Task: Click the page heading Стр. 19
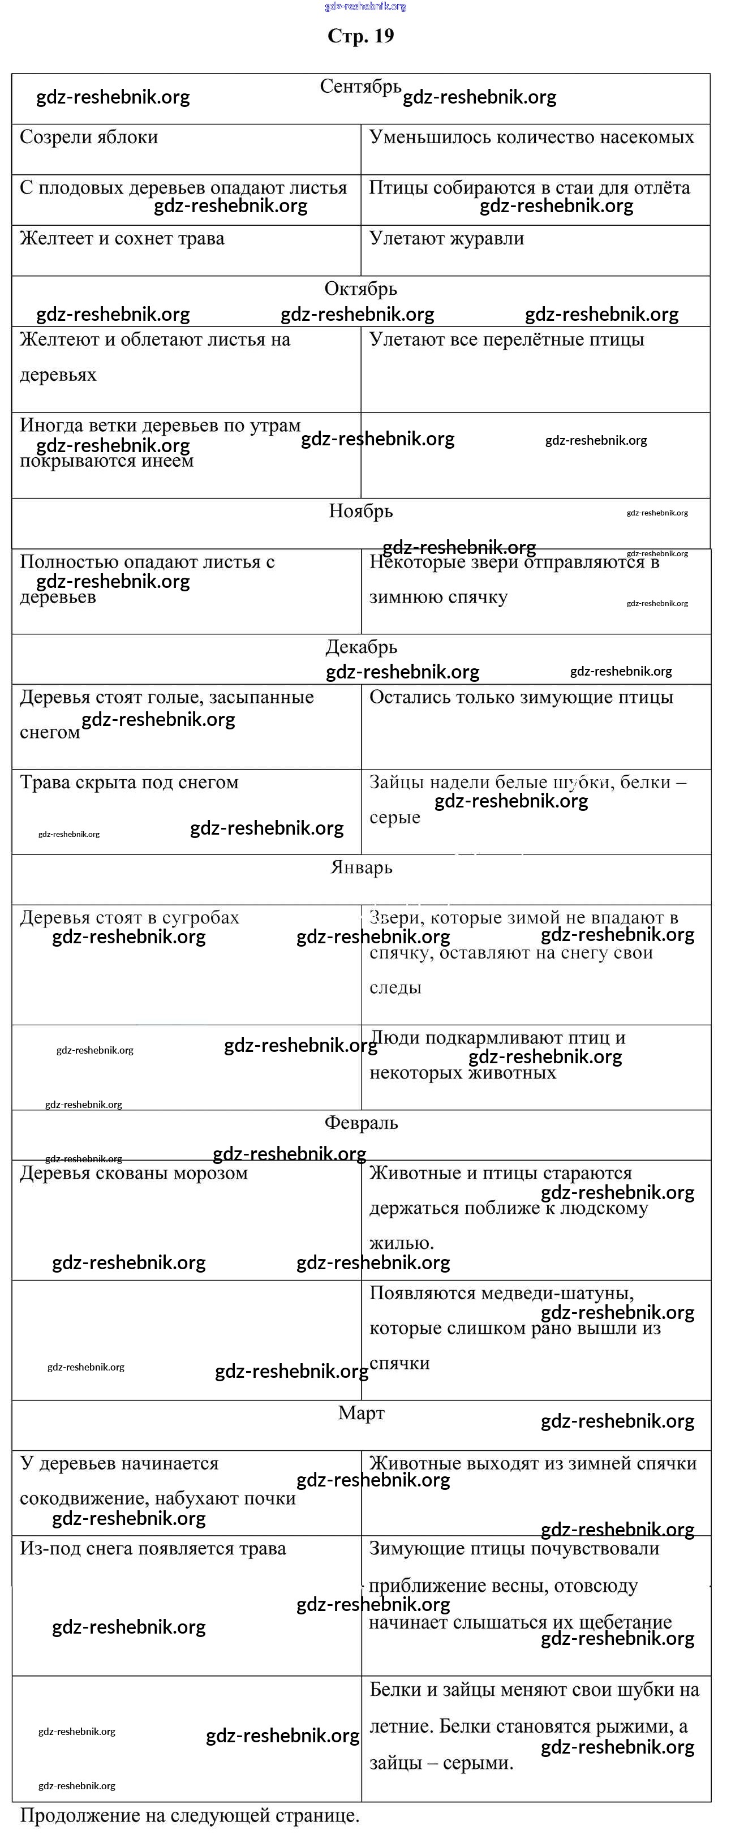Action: click(x=360, y=36)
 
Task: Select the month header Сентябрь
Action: click(x=360, y=87)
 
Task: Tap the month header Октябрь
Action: click(x=360, y=289)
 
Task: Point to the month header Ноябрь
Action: click(x=360, y=511)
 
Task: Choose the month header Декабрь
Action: click(x=361, y=647)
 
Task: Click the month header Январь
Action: click(x=361, y=867)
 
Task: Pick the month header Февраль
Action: click(x=361, y=1123)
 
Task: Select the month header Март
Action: click(x=361, y=1412)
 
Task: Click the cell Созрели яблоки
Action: click(x=89, y=138)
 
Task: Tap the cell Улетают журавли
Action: click(x=446, y=238)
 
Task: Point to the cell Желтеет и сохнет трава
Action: click(x=122, y=238)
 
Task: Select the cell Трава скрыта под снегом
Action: click(x=129, y=782)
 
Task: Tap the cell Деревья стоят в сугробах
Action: click(x=129, y=917)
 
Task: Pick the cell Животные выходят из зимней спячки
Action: click(x=533, y=1463)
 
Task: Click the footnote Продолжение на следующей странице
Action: click(x=190, y=1815)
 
